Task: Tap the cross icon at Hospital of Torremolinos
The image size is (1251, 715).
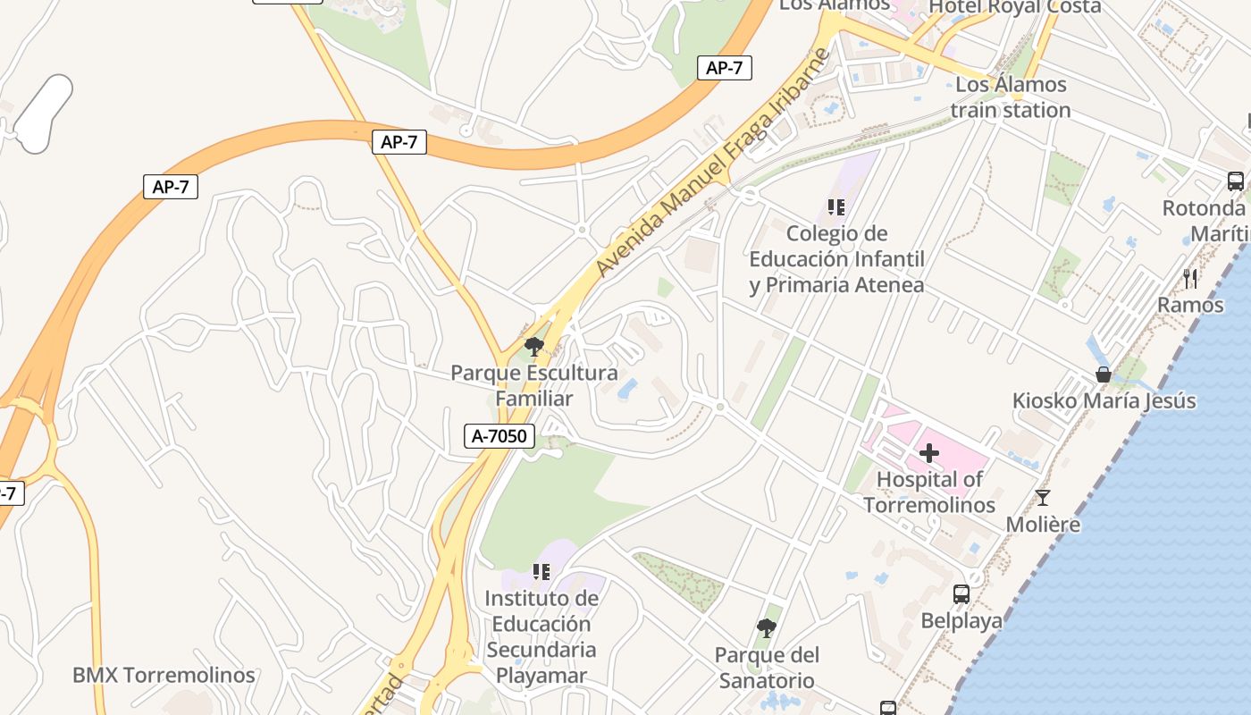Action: (929, 453)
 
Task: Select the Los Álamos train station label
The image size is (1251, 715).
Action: (1011, 97)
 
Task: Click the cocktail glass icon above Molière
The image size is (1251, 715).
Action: (1043, 498)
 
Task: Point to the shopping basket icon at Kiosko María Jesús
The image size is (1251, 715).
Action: (1104, 374)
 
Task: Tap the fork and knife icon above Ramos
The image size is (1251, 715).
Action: (1190, 279)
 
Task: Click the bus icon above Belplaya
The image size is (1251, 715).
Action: (961, 594)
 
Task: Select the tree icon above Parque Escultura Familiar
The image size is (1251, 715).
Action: (534, 347)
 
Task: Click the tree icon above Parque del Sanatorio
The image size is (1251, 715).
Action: (766, 628)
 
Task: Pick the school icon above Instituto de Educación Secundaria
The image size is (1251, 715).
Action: (541, 571)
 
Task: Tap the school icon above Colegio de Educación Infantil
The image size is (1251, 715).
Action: (836, 207)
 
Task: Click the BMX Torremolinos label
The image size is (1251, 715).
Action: (164, 675)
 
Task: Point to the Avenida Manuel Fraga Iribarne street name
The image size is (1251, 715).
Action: (712, 163)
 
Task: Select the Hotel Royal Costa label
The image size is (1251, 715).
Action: (1015, 7)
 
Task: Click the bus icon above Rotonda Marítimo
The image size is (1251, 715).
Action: (1236, 181)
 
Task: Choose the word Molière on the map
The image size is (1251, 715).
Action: (1043, 524)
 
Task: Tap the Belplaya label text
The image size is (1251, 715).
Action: (961, 621)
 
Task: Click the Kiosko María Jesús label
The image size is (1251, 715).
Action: (1104, 400)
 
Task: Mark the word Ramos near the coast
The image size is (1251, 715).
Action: (1190, 305)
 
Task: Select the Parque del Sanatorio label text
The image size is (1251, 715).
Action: (766, 668)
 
